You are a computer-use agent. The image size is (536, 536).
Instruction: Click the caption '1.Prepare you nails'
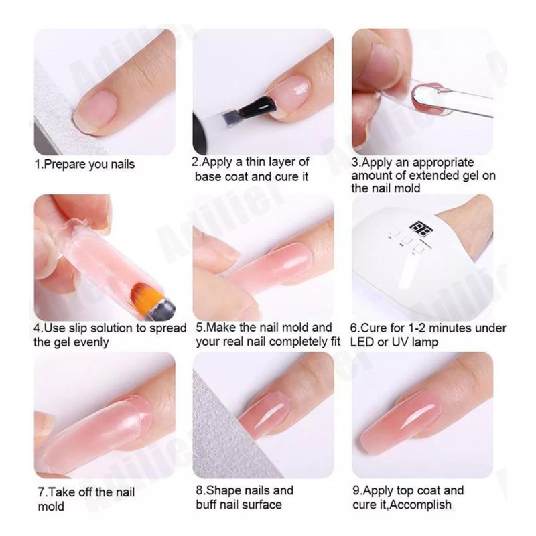click(84, 164)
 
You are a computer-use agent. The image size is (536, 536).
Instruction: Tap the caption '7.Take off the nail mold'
click(85, 499)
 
